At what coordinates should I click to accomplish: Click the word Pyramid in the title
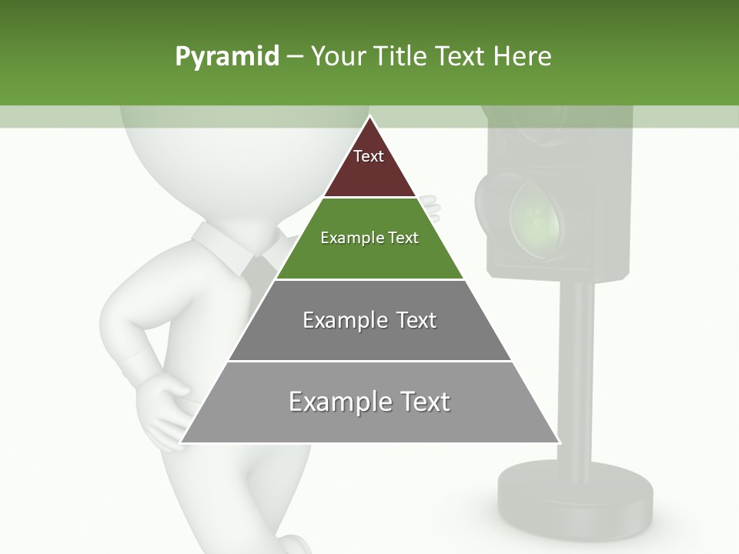(226, 57)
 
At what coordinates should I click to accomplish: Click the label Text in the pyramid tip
(368, 156)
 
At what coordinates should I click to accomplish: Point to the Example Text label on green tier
(369, 238)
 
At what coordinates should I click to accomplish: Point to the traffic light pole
(577, 369)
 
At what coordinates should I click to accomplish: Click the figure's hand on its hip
(166, 408)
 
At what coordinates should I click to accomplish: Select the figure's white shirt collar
(223, 242)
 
